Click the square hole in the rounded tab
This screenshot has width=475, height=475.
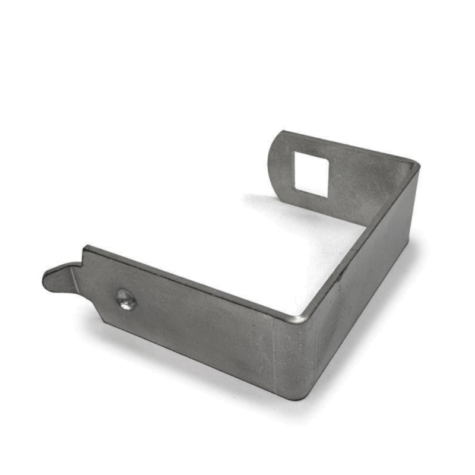point(311,173)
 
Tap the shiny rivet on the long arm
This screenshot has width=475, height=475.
point(126,299)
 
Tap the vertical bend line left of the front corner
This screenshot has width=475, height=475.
point(274,356)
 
